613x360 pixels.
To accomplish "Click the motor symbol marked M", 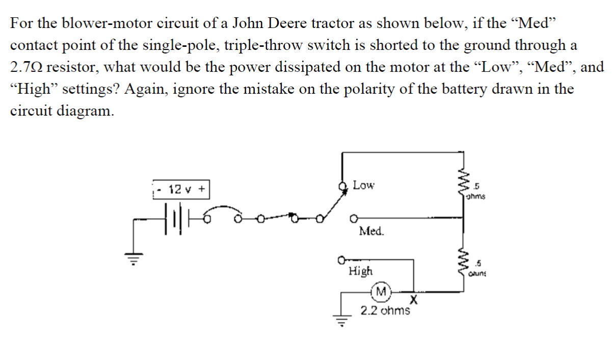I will tap(380, 291).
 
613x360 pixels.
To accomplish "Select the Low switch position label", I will tap(363, 185).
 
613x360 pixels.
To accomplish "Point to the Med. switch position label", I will tap(371, 231).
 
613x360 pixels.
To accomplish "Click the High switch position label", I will tap(360, 271).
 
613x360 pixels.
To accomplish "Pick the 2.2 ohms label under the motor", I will tap(385, 310).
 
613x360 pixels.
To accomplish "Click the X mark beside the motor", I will tap(414, 298).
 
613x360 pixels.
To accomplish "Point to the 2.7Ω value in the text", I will tap(27, 67).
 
